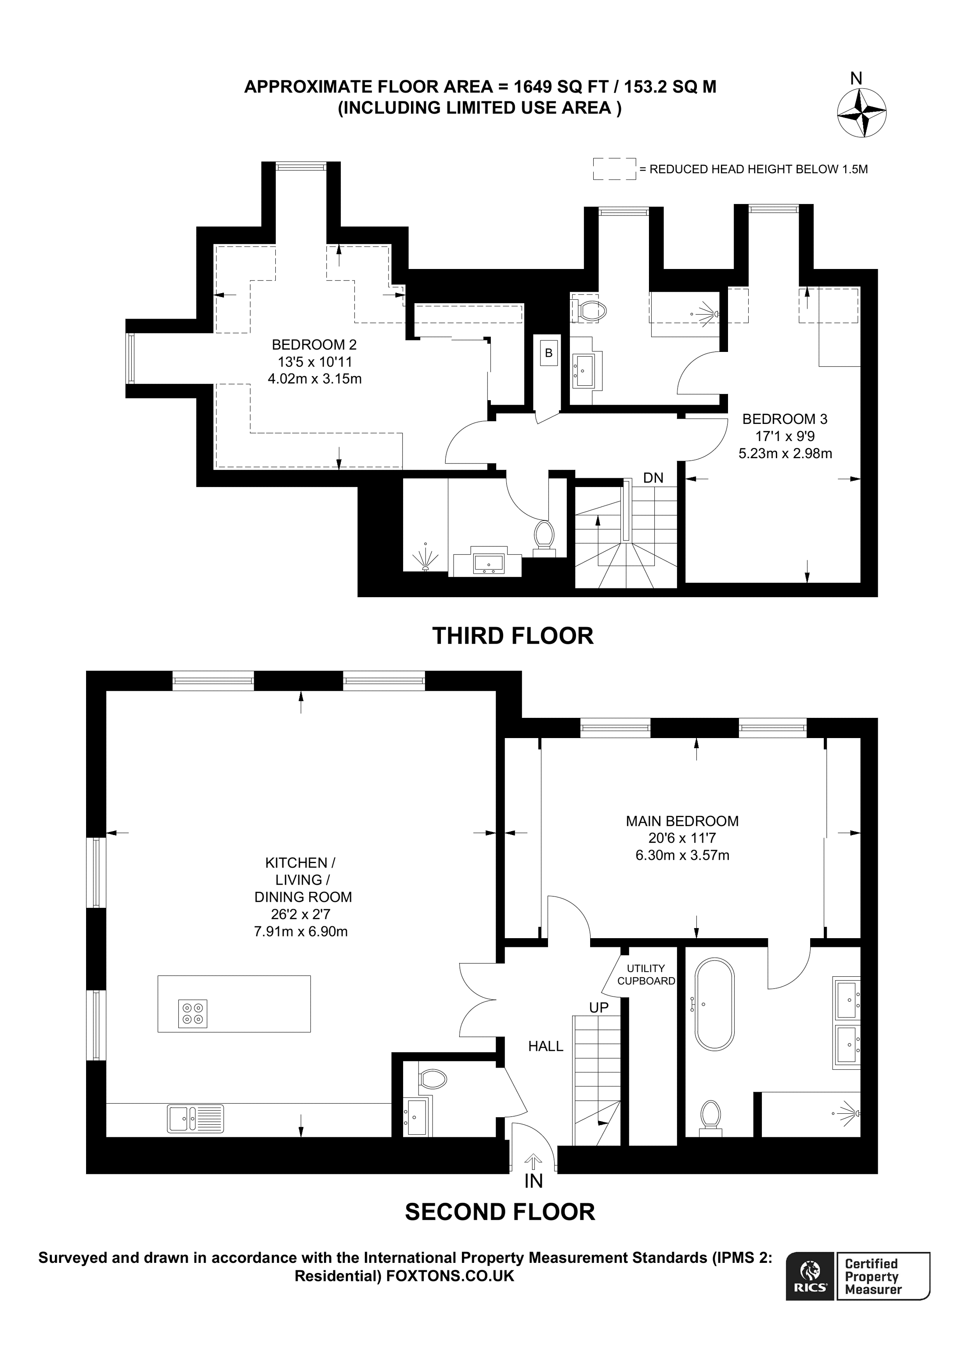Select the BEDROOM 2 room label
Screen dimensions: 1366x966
click(x=314, y=344)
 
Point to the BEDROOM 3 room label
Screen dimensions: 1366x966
click(x=785, y=419)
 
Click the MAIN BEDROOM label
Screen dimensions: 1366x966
click(x=682, y=821)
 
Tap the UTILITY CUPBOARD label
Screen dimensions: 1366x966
click(x=646, y=975)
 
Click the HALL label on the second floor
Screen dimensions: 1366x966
click(x=545, y=1046)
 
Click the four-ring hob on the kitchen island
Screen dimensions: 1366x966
click(x=193, y=1013)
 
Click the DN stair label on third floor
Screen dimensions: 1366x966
click(x=653, y=478)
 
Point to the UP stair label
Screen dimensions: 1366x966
click(x=599, y=1007)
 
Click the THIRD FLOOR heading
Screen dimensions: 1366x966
click(x=512, y=635)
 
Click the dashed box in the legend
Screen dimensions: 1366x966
click(x=614, y=169)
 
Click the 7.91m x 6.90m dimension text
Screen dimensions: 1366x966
click(x=301, y=932)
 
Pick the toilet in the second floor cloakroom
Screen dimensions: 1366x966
click(x=432, y=1079)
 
